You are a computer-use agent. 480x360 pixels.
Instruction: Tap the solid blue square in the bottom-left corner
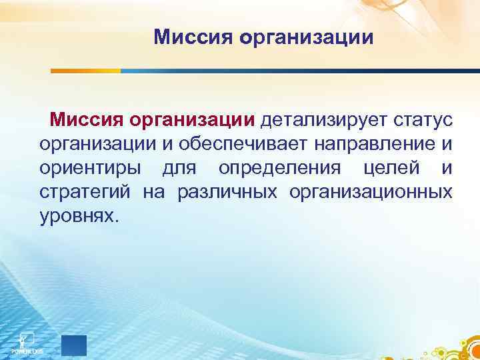73,345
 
